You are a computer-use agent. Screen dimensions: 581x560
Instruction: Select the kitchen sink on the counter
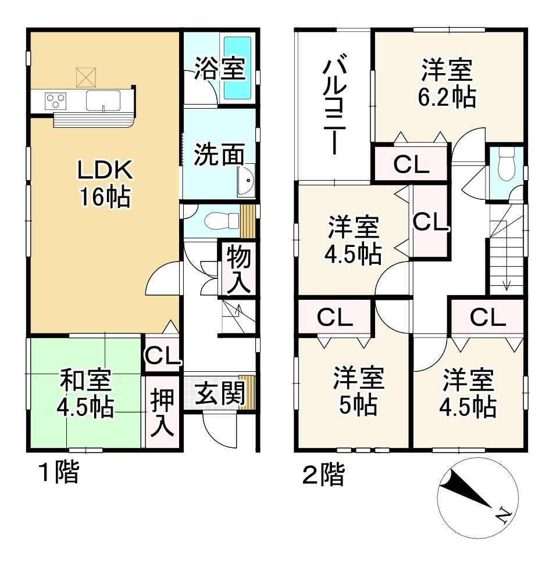[103, 100]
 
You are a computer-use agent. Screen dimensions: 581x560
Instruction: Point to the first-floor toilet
[223, 220]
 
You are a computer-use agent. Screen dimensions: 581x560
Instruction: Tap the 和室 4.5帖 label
[85, 394]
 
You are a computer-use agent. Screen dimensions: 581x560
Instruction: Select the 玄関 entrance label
[218, 395]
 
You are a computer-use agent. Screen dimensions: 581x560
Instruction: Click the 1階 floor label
[58, 474]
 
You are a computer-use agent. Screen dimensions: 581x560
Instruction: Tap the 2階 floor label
[323, 475]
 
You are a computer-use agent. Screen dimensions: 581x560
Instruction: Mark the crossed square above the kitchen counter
[87, 76]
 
